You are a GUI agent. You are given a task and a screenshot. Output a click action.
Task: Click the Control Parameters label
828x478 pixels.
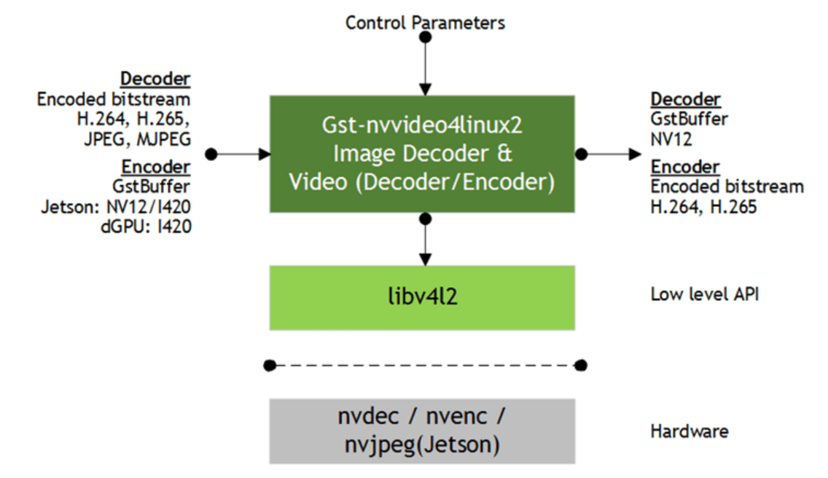(425, 23)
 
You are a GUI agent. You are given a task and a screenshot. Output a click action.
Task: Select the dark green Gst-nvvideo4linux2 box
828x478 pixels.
(422, 154)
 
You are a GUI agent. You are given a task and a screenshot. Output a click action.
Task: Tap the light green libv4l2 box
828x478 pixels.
(422, 298)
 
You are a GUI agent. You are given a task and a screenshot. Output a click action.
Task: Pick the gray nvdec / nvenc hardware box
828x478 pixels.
(422, 431)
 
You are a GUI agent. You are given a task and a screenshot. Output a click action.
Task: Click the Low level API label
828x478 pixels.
(704, 294)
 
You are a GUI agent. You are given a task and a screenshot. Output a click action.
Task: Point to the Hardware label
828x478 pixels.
(689, 431)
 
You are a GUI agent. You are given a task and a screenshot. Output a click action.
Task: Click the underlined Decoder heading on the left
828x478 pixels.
(155, 79)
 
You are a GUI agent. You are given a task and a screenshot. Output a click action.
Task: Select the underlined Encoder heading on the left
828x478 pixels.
(156, 167)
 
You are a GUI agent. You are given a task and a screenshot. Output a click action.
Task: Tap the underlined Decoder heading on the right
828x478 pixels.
(685, 99)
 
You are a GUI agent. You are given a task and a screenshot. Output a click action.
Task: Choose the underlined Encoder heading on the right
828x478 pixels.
(685, 167)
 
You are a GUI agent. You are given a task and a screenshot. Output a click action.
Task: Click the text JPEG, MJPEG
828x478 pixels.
(137, 139)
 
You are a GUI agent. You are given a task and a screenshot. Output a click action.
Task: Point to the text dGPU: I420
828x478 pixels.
(146, 227)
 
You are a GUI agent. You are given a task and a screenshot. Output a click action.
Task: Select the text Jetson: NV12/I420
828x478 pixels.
(116, 207)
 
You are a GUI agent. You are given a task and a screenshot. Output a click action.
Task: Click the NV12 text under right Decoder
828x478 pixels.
(671, 139)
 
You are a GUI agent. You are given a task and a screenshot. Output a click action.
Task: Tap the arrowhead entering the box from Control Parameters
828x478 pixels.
(425, 90)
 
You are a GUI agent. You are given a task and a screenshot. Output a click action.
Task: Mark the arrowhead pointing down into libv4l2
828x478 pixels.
(425, 259)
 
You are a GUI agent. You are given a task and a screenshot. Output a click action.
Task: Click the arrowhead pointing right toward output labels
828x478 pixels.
(636, 154)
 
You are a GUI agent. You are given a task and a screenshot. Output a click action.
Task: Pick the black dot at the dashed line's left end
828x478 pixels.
(270, 365)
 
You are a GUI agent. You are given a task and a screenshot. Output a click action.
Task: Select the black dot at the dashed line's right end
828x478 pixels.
(581, 365)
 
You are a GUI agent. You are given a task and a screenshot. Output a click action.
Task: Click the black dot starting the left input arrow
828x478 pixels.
(211, 154)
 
